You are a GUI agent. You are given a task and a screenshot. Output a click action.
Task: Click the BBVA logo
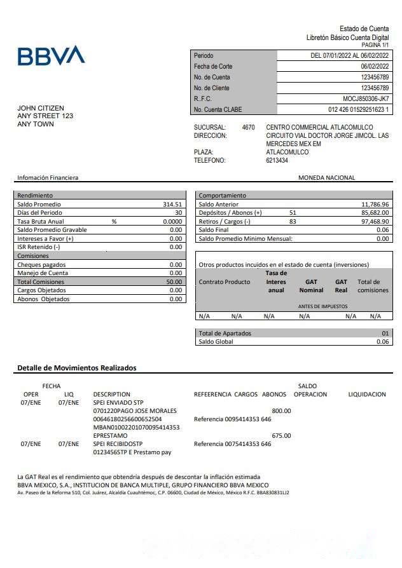[x=51, y=55]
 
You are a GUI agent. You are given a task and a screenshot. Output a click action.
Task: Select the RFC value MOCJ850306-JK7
[x=366, y=99]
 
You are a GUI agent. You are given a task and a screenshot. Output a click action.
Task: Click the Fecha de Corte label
[x=213, y=67]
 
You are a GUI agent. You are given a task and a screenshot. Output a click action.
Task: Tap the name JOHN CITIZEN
[x=41, y=109]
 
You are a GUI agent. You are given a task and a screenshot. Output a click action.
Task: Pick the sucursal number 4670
[x=249, y=128]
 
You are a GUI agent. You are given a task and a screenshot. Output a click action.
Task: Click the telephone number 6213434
[x=277, y=161]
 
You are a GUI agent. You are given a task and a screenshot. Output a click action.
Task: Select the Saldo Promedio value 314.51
[x=172, y=205]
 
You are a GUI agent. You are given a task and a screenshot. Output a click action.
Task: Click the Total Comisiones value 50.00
[x=174, y=282]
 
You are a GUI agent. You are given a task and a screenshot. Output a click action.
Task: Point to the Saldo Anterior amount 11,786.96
[x=375, y=205]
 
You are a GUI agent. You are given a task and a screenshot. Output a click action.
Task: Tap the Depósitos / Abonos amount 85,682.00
[x=375, y=213]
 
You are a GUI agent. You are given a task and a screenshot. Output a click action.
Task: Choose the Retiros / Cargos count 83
[x=293, y=222]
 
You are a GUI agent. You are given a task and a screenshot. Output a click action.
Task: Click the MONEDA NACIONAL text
[x=326, y=178]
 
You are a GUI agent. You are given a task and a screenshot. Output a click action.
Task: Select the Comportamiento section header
[x=222, y=196]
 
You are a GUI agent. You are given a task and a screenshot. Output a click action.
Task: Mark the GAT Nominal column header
[x=311, y=286]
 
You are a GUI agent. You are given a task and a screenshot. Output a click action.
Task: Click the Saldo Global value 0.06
[x=382, y=342]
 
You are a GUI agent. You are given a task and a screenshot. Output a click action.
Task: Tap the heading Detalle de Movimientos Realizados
[x=76, y=368]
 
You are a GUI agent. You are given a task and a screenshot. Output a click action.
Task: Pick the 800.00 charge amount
[x=281, y=411]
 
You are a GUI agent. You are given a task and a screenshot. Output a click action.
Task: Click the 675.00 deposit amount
[x=281, y=436]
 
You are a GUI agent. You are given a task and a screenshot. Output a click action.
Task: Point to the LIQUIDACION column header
[x=367, y=395]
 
